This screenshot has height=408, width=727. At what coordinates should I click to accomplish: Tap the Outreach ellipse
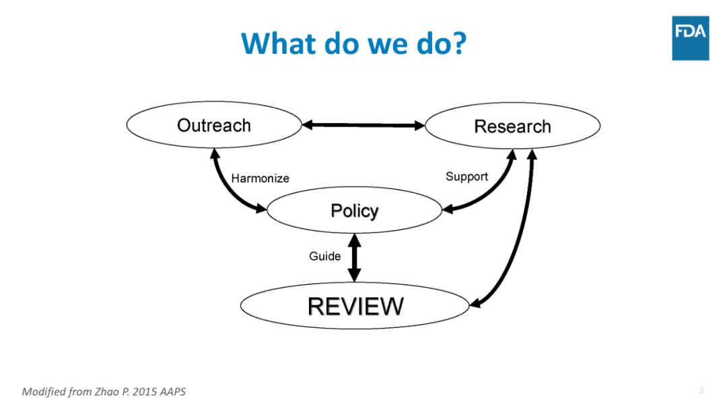tap(214, 126)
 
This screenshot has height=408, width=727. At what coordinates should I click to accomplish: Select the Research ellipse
tap(512, 126)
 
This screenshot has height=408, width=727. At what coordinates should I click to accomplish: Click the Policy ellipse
tap(354, 211)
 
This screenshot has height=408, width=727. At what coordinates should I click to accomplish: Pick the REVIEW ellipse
tap(355, 306)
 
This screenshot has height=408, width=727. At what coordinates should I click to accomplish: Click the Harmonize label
tap(260, 178)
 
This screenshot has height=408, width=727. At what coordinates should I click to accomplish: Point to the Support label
tap(466, 177)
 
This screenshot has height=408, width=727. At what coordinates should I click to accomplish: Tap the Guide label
tap(324, 256)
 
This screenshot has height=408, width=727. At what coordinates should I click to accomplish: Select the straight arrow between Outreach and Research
tap(363, 125)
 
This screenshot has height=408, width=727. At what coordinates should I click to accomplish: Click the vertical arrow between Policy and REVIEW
tap(354, 257)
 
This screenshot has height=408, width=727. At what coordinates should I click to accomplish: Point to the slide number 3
tap(701, 391)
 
